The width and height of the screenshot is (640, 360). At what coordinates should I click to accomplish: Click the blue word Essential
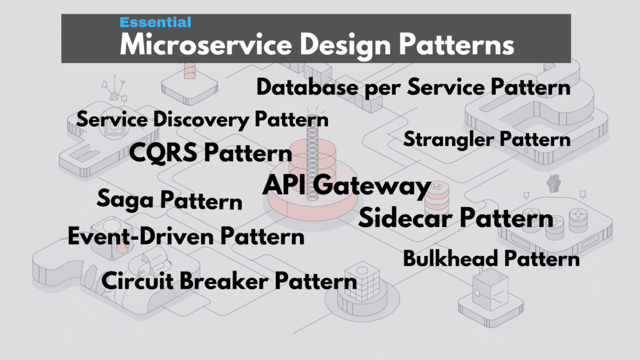[156, 22]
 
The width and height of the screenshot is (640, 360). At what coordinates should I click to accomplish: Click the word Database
[308, 88]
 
